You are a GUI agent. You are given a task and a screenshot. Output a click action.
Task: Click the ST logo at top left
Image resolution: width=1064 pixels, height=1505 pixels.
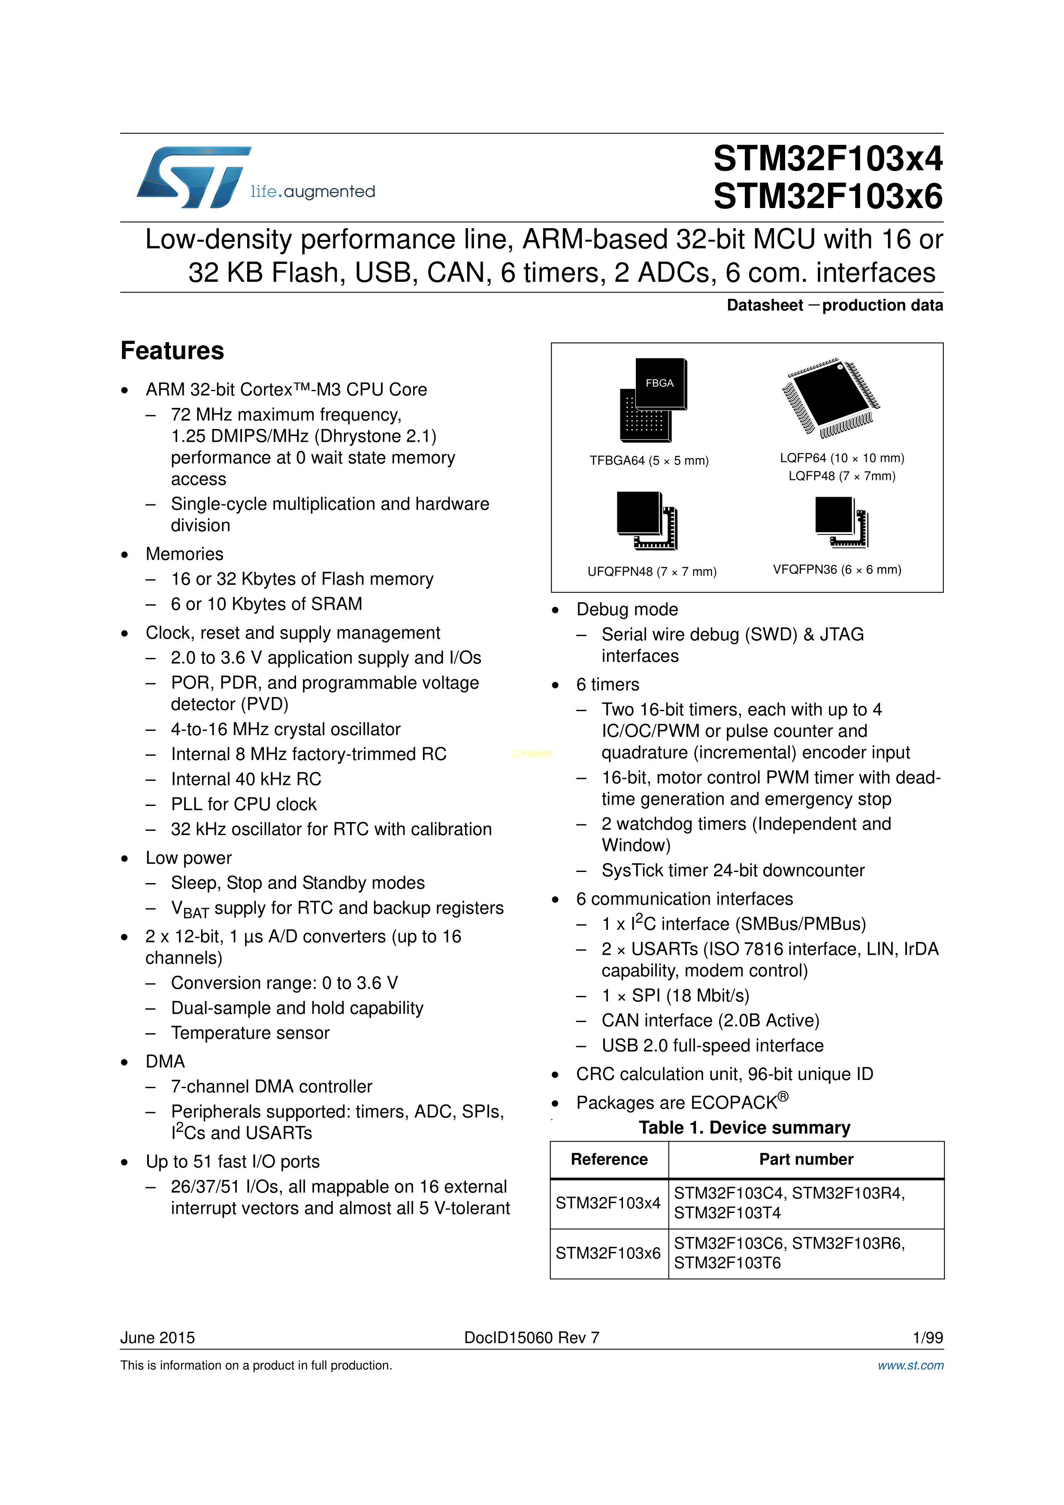194,177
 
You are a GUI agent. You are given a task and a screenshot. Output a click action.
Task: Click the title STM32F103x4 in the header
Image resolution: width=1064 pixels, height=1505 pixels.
828,159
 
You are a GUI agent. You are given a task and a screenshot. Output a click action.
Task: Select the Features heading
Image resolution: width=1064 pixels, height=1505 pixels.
172,351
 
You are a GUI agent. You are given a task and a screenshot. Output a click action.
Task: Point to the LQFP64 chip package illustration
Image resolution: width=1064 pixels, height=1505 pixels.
831,397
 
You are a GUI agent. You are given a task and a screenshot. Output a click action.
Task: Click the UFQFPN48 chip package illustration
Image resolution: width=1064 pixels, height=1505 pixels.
647,520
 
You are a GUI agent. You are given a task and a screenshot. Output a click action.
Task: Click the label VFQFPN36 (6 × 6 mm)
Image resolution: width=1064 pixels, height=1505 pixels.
837,570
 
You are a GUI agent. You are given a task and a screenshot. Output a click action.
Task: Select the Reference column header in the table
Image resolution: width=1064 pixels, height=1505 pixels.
609,1160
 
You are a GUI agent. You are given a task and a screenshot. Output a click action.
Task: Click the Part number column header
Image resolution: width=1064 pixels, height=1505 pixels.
806,1160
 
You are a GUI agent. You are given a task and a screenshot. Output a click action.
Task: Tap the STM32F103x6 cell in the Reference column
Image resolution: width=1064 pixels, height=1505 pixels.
608,1253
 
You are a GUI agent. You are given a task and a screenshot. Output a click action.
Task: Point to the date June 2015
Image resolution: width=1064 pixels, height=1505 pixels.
157,1338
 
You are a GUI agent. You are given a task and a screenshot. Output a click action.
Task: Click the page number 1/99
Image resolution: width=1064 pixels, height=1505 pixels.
928,1338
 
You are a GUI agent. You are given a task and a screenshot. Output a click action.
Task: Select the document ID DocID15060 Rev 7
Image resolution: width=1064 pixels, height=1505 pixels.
532,1338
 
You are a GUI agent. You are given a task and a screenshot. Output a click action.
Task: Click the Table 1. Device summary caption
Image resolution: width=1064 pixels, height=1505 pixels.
745,1128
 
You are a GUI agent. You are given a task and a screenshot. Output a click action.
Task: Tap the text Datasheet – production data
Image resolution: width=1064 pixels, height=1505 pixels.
834,305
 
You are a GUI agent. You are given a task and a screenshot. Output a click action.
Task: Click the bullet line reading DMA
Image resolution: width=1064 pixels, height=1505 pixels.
165,1061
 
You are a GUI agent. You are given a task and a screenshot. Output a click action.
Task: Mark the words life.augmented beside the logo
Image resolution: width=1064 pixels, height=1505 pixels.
313,191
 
